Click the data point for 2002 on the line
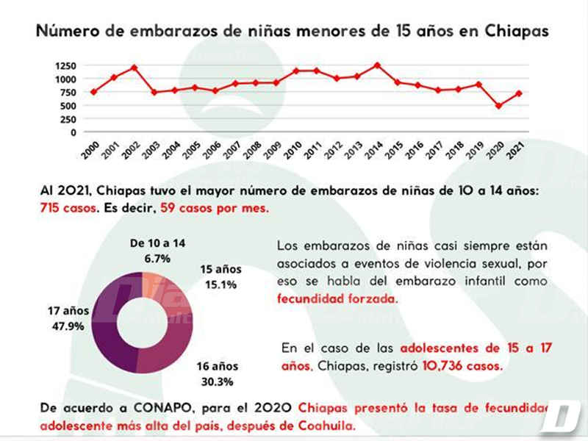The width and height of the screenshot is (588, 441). [x=135, y=68]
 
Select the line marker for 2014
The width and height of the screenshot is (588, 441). [x=377, y=65]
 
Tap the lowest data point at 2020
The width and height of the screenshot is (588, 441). [x=500, y=106]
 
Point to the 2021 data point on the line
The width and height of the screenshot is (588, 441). [x=520, y=93]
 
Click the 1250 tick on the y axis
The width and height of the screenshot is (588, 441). [x=65, y=65]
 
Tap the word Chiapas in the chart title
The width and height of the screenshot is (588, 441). [x=513, y=32]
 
